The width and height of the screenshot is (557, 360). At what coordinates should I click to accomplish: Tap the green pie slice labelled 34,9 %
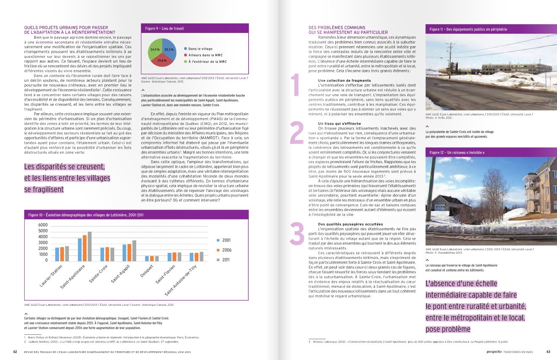(x=154, y=50)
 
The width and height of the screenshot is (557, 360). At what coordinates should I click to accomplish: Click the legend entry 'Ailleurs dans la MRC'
(x=205, y=55)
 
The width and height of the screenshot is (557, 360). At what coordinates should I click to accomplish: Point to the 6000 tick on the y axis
(x=43, y=225)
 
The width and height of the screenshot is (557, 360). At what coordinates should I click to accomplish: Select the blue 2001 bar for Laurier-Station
(x=57, y=254)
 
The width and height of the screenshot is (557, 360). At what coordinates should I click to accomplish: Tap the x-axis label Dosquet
(x=147, y=271)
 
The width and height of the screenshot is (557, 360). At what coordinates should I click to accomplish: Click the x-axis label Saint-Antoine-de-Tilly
(x=181, y=281)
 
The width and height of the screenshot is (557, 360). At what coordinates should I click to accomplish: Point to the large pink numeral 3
(x=297, y=234)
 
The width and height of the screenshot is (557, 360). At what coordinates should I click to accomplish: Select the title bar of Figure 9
(x=194, y=28)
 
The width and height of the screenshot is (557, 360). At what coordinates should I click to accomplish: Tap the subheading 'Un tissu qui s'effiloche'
(x=339, y=123)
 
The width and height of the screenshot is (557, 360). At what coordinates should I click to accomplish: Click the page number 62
(x=15, y=352)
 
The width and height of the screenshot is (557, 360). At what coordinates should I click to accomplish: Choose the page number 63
(x=548, y=352)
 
